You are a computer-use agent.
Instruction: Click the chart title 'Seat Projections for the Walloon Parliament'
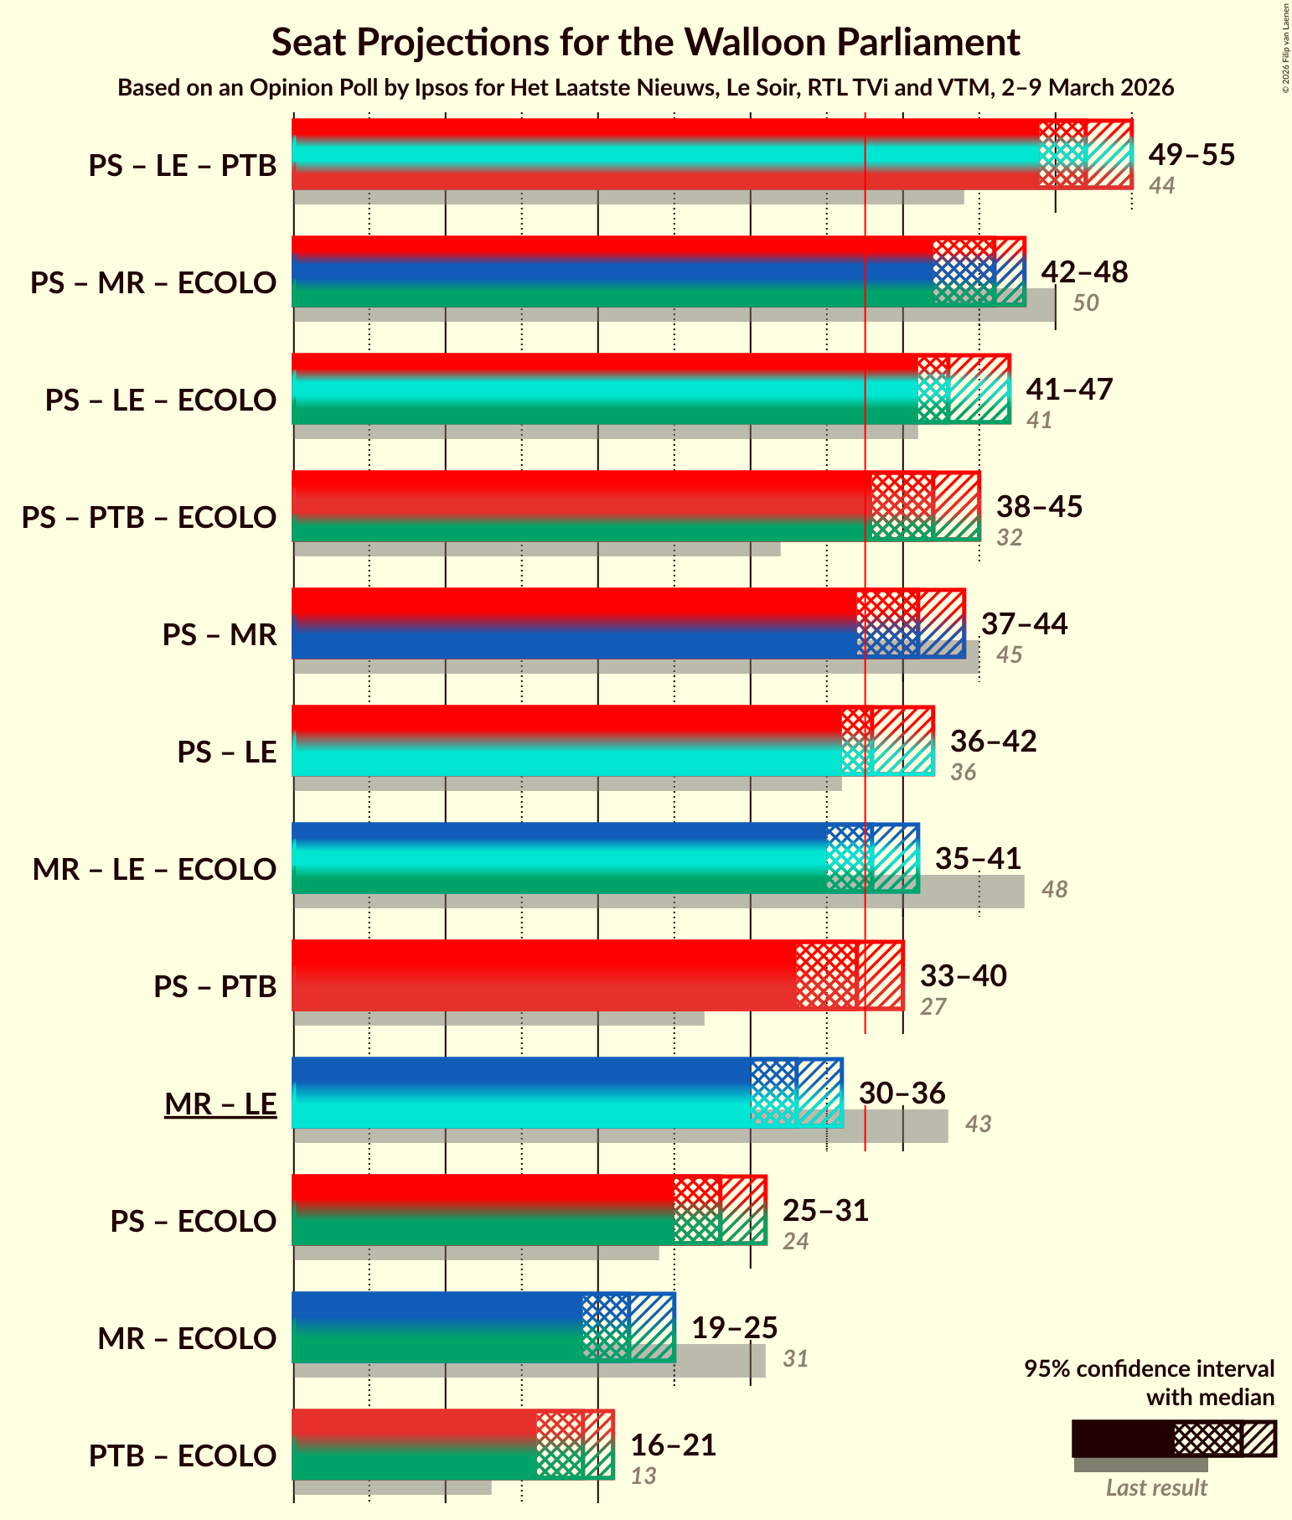pyautogui.click(x=645, y=42)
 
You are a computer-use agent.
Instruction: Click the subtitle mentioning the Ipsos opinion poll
pyautogui.click(x=645, y=88)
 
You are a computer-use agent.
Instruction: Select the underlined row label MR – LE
pyautogui.click(x=220, y=1104)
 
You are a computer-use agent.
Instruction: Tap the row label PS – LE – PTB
pyautogui.click(x=183, y=166)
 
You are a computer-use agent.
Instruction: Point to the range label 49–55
pyautogui.click(x=1191, y=154)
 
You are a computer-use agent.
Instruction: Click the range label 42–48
pyautogui.click(x=1084, y=271)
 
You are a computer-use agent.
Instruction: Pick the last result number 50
pyautogui.click(x=1085, y=302)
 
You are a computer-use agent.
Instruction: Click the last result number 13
pyautogui.click(x=643, y=1476)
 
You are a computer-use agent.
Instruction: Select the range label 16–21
pyautogui.click(x=673, y=1445)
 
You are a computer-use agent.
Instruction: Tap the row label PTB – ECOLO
pyautogui.click(x=183, y=1455)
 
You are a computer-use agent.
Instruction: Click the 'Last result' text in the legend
pyautogui.click(x=1156, y=1487)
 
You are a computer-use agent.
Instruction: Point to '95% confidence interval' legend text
pyautogui.click(x=1149, y=1369)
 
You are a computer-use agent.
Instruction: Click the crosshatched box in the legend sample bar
pyautogui.click(x=1207, y=1439)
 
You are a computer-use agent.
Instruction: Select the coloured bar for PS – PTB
pyautogui.click(x=545, y=975)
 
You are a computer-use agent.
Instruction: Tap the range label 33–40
pyautogui.click(x=963, y=975)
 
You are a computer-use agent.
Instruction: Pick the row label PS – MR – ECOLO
pyautogui.click(x=153, y=283)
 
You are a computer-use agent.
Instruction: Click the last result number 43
pyautogui.click(x=978, y=1124)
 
